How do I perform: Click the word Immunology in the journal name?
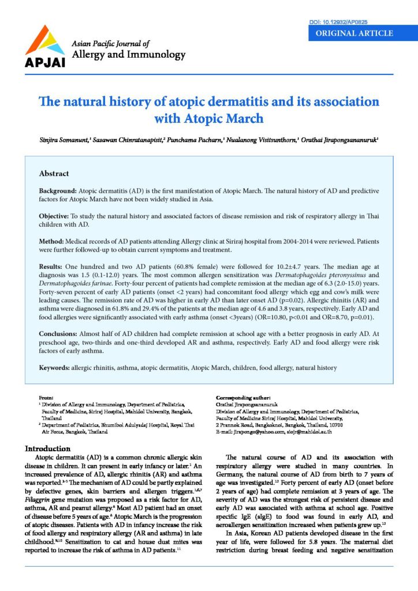coord(156,55)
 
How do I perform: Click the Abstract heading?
coord(54,173)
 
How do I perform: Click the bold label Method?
coord(52,240)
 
